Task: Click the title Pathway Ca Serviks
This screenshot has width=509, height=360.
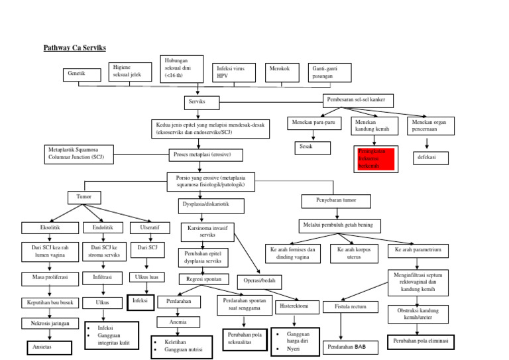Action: pos(74,48)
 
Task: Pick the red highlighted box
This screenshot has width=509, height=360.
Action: pos(374,157)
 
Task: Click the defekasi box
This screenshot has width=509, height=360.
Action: pos(430,158)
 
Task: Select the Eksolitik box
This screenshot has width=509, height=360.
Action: pos(50,228)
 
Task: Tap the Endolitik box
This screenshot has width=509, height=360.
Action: pos(103,228)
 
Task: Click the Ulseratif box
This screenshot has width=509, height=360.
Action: pos(144,228)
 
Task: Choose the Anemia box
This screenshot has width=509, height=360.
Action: pos(178,322)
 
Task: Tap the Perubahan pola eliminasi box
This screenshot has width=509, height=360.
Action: pos(420,341)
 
